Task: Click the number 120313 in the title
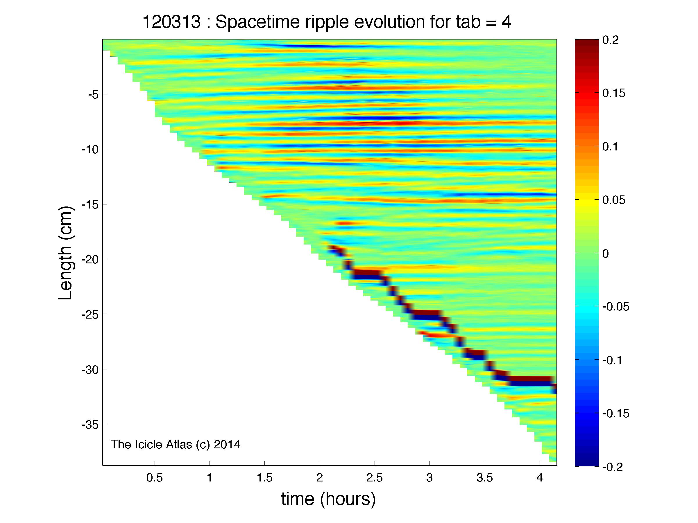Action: (x=172, y=22)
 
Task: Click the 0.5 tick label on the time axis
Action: (x=155, y=478)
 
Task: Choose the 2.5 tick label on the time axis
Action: (x=375, y=478)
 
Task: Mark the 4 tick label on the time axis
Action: (x=540, y=478)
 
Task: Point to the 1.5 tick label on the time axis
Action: (x=264, y=478)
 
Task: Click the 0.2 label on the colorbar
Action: (x=610, y=40)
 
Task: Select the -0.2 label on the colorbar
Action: (x=613, y=467)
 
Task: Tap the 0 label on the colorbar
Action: (x=606, y=254)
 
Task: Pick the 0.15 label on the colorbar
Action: (x=614, y=93)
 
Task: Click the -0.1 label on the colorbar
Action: (x=613, y=360)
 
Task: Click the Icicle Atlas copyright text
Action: (x=176, y=445)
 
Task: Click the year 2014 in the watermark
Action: (x=227, y=445)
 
